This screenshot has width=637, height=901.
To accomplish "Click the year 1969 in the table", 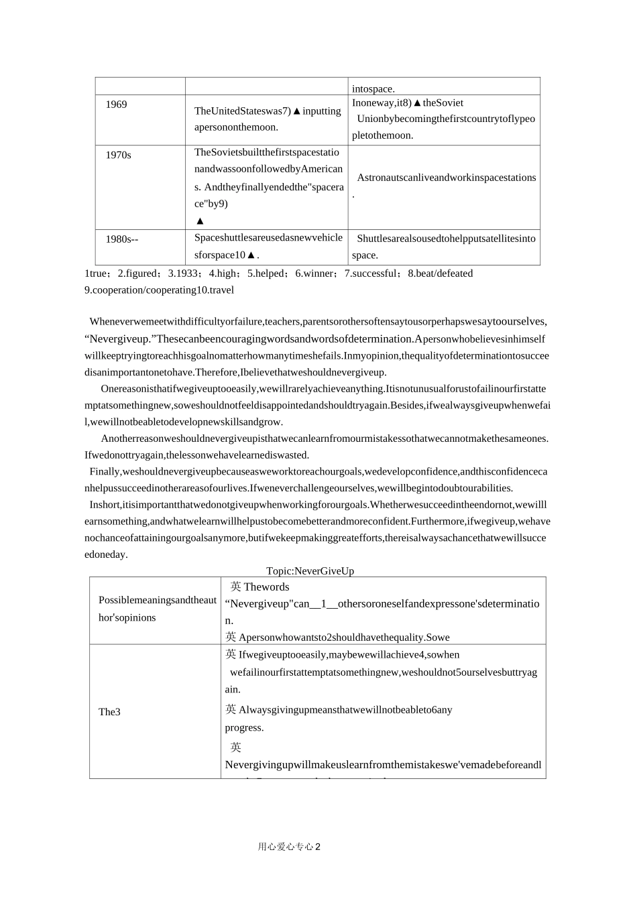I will point(116,105).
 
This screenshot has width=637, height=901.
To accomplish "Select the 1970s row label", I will point(118,156).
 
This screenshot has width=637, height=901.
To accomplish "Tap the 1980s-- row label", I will point(122,239).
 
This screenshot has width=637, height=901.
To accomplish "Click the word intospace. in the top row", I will point(373,88).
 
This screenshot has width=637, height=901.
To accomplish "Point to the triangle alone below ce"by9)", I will point(200,221).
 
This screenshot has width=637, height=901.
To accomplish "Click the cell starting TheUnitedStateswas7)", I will point(267,119).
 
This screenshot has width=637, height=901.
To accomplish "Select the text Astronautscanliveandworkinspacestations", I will point(446,178).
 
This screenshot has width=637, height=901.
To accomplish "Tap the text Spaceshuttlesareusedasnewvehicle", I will point(268,238).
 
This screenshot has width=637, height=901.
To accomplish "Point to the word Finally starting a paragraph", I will point(105,472).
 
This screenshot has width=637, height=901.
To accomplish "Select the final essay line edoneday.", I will point(106,554).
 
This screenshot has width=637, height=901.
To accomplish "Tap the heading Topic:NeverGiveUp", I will point(310,571).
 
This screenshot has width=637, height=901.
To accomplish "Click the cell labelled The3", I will point(109,712).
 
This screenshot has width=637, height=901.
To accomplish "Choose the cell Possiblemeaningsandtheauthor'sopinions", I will point(157,609).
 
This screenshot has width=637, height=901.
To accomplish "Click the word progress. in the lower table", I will point(244,728).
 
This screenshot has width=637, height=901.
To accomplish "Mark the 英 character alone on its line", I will point(235,747).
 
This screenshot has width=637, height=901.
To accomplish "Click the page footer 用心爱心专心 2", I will point(289,847).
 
